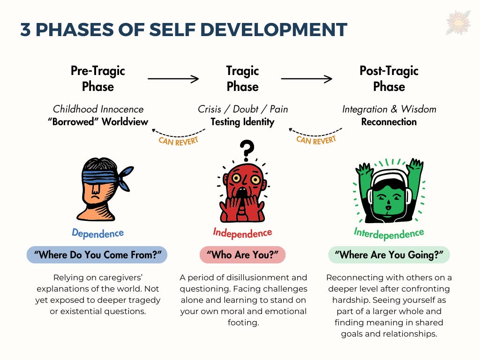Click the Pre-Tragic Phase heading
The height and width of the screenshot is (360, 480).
pyautogui.click(x=98, y=78)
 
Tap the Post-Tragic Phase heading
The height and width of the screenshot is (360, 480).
pyautogui.click(x=389, y=78)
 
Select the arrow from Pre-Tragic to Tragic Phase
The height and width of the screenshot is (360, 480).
pyautogui.click(x=173, y=79)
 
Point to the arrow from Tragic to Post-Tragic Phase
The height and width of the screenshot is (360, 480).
pyautogui.click(x=307, y=79)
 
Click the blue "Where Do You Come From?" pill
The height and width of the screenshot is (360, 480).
pyautogui.click(x=97, y=255)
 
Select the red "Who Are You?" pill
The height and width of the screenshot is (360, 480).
pyautogui.click(x=242, y=255)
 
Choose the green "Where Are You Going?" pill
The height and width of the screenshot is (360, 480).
pyautogui.click(x=389, y=255)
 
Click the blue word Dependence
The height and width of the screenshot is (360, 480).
pyautogui.click(x=97, y=232)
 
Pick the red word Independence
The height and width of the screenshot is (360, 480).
pyautogui.click(x=242, y=232)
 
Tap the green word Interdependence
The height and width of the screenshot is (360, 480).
pyautogui.click(x=389, y=233)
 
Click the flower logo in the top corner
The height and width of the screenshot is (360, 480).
pyautogui.click(x=458, y=22)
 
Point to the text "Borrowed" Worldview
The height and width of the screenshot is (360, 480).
pyautogui.click(x=98, y=122)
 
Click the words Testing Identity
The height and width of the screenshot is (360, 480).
pyautogui.click(x=242, y=122)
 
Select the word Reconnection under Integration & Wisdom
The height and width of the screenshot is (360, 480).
pyautogui.click(x=389, y=122)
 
